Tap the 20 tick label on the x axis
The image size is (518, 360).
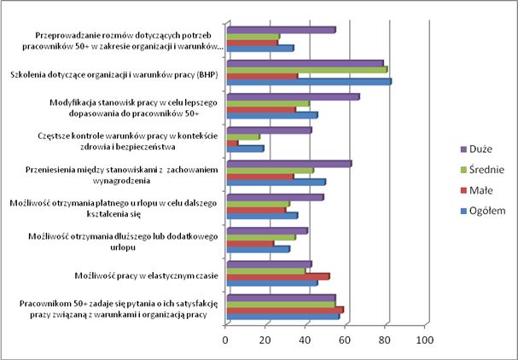(x=265, y=340)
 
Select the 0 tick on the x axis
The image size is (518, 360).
(x=226, y=340)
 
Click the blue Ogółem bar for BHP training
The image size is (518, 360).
(x=309, y=82)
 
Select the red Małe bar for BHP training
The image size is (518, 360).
(x=262, y=76)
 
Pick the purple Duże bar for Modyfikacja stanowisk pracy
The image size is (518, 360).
(x=293, y=96)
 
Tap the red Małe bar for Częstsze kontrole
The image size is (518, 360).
(x=232, y=142)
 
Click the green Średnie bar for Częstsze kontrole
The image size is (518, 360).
(x=243, y=136)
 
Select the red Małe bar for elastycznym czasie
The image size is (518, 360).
(x=277, y=276)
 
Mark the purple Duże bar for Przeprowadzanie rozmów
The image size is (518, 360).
(x=281, y=30)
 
